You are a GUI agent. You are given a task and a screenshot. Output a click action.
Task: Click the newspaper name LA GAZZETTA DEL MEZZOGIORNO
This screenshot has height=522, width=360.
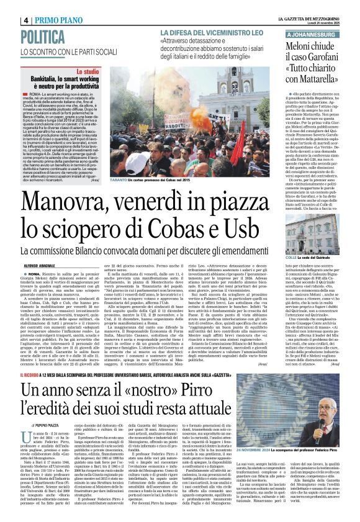310,5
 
